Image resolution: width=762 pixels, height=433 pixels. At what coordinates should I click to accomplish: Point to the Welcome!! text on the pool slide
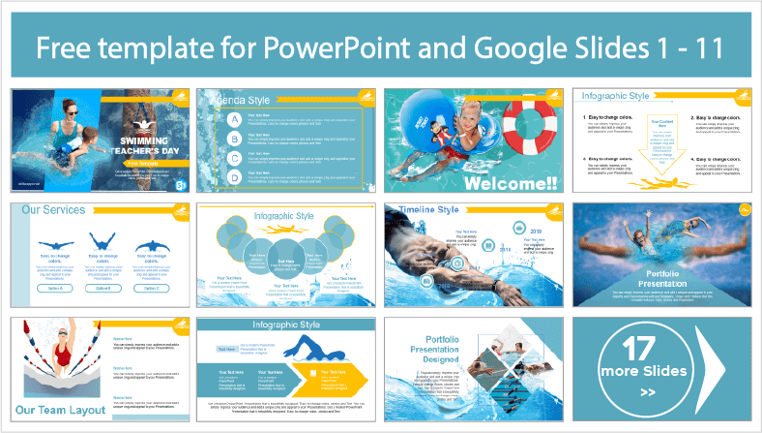click(x=509, y=184)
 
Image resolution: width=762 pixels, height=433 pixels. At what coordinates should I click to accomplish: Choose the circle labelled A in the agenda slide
click(x=234, y=117)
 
